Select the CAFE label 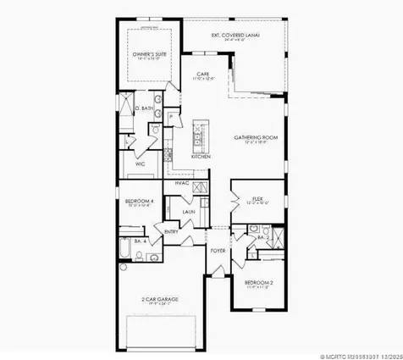[202, 75]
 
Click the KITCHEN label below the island [201, 158]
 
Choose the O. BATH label [145, 108]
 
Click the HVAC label [181, 183]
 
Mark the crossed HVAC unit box [201, 187]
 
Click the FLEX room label [258, 200]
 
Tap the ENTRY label [171, 231]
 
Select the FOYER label [218, 251]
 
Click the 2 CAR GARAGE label [159, 299]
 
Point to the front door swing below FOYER [218, 269]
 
